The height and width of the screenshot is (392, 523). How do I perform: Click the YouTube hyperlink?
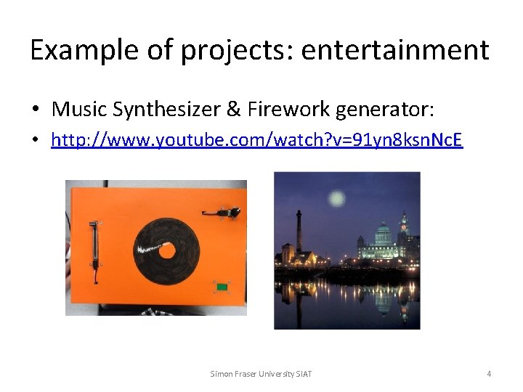point(256,139)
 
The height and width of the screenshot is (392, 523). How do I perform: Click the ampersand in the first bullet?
point(233,110)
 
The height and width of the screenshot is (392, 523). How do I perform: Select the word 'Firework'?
point(286,110)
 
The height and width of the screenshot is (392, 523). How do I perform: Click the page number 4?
point(489,374)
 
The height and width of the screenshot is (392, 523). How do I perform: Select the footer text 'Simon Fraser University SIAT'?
point(261,374)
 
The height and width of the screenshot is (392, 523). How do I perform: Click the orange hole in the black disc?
point(168,251)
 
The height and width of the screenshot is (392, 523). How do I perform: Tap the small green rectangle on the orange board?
point(222,288)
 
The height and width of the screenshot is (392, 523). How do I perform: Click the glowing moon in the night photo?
point(336,197)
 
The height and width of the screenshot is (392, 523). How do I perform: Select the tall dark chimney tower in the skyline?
point(299,232)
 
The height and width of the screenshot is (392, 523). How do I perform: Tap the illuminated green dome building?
point(382,240)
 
